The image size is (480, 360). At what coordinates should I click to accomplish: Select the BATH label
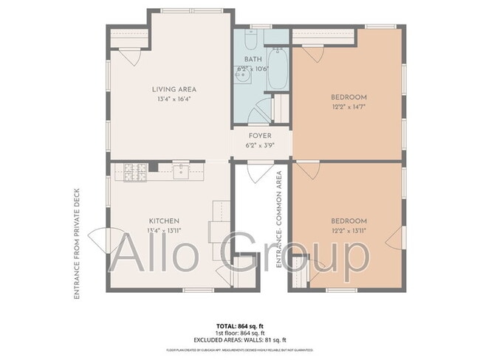(253, 60)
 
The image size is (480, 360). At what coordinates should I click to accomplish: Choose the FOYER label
(259, 136)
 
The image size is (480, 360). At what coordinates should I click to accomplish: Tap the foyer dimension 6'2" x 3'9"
(259, 145)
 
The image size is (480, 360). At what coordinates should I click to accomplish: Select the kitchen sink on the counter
(181, 171)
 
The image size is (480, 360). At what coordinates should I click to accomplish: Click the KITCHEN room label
(164, 221)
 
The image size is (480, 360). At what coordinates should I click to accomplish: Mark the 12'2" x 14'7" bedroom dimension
(348, 106)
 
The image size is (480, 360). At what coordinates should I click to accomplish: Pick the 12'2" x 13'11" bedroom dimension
(348, 230)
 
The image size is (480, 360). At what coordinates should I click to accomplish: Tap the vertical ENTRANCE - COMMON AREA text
(280, 219)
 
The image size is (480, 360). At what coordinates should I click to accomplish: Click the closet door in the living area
(128, 57)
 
